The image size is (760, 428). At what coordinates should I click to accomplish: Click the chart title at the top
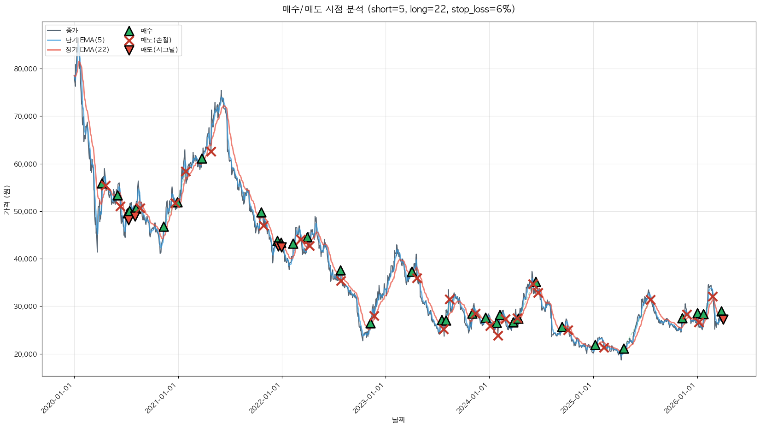click(398, 9)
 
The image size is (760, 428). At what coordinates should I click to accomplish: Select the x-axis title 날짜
click(398, 420)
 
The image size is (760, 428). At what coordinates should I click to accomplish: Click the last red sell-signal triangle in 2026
click(723, 319)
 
